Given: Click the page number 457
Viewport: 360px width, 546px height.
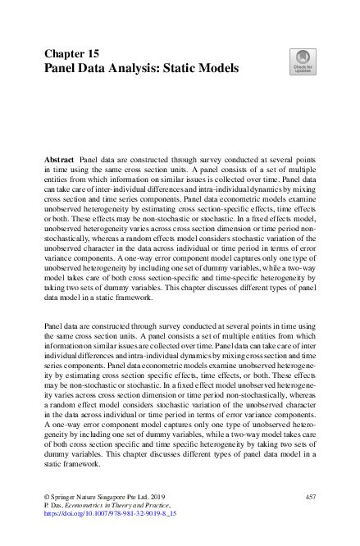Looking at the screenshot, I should (x=309, y=498).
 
